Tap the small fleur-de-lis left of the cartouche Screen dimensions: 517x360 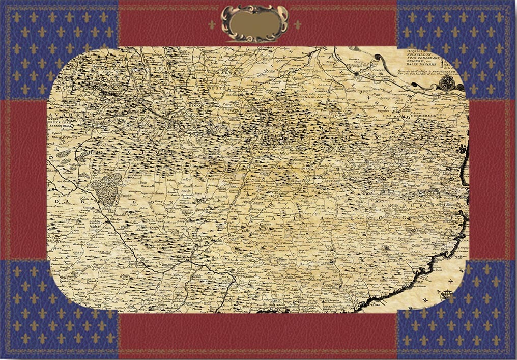212,24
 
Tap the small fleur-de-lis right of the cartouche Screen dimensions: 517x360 298,24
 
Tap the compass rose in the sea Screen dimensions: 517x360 447,294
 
